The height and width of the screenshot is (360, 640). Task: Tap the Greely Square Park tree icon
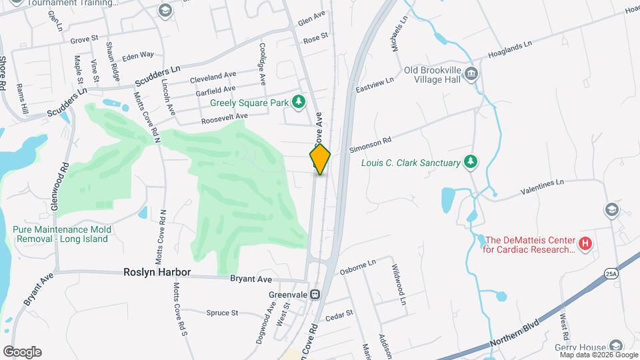pos(299,101)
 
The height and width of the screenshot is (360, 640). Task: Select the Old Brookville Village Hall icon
pos(471,73)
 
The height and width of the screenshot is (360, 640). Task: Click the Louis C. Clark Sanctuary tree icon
pos(471,162)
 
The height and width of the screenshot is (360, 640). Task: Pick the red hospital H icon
pos(585,245)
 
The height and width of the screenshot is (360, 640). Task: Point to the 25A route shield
pos(610,273)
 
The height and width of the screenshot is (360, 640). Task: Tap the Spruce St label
pos(222,313)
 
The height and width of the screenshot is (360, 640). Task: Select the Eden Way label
pos(138,55)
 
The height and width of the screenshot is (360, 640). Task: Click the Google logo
pos(22,352)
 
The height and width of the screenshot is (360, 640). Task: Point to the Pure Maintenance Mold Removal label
pos(61,234)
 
